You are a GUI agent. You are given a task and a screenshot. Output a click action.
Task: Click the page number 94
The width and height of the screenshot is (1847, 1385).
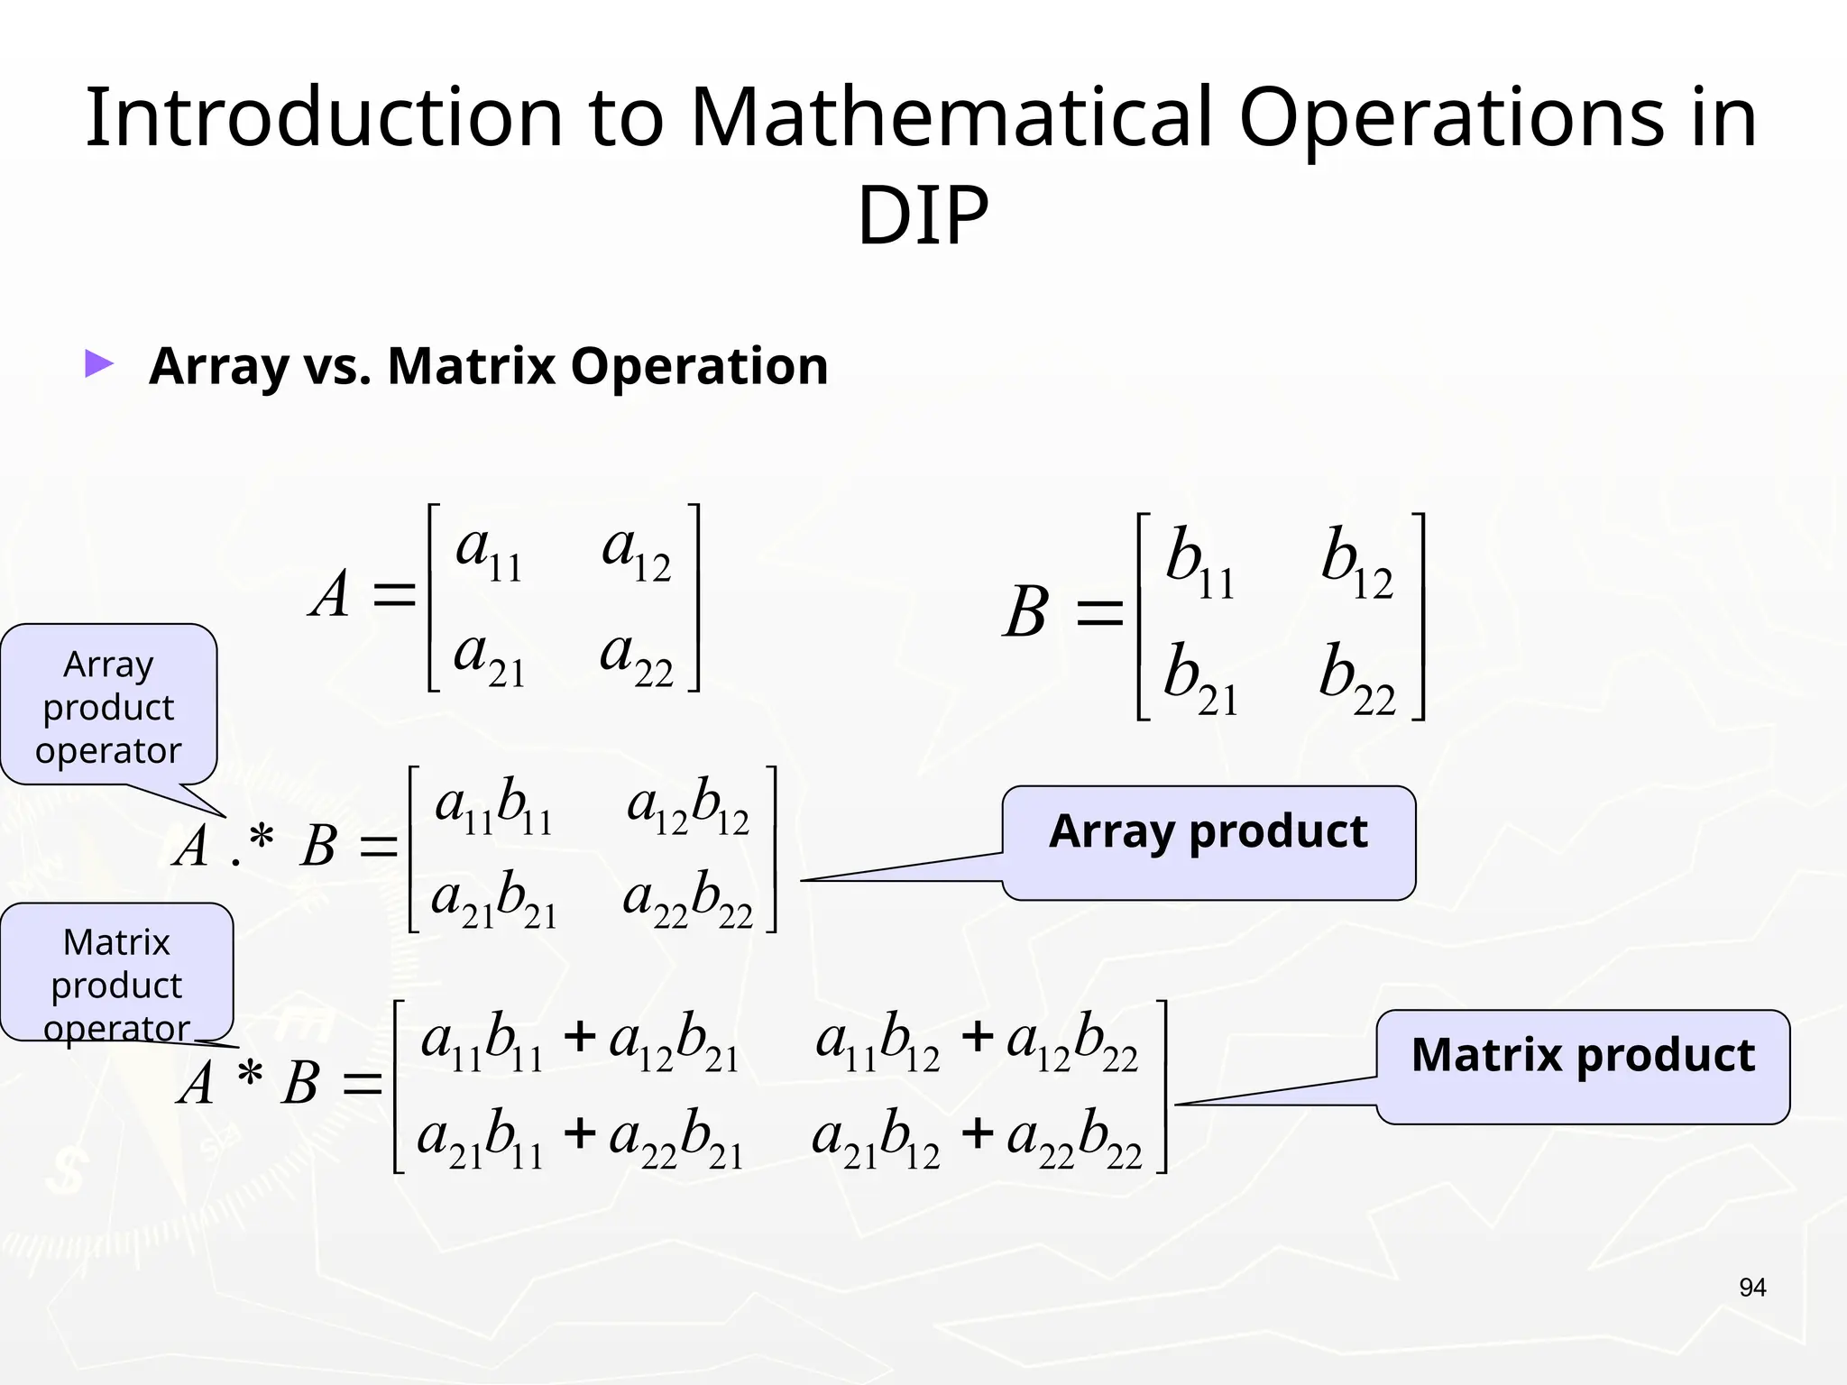[x=1751, y=1288]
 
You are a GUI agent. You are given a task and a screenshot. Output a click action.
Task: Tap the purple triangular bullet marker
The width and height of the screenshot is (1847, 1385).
[x=99, y=364]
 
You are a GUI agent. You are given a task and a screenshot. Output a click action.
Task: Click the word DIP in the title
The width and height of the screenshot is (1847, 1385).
[x=922, y=216]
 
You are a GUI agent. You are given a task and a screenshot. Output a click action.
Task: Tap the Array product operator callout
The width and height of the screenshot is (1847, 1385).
[x=108, y=706]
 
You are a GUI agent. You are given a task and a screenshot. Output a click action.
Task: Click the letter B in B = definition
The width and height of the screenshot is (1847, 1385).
[x=1026, y=613]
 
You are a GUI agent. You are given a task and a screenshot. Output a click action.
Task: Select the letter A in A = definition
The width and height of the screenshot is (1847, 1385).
[x=330, y=596]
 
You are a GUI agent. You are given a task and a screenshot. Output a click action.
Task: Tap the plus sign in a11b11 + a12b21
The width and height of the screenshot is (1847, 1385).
[x=579, y=1037]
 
